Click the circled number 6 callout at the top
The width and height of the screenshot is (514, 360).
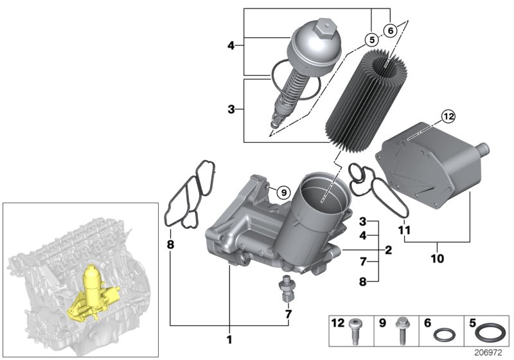tap(390, 30)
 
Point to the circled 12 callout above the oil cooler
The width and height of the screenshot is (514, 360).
tap(447, 116)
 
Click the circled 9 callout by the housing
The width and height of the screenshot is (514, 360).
tap(284, 191)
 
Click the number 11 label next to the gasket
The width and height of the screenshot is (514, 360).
tap(403, 230)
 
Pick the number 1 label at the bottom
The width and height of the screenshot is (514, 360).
tap(229, 339)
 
